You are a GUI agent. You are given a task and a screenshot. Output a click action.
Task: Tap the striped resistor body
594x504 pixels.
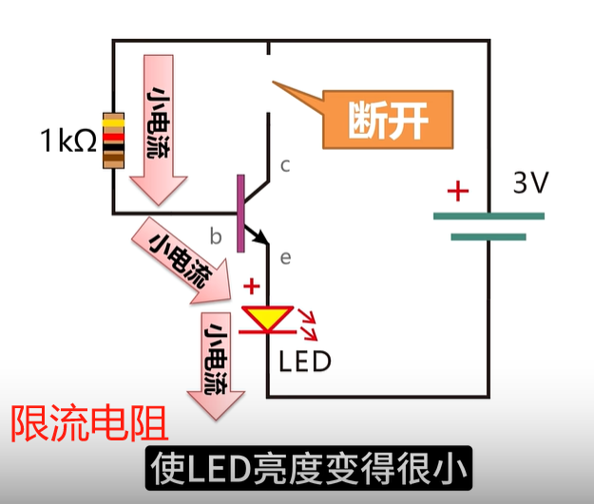pyautogui.click(x=114, y=140)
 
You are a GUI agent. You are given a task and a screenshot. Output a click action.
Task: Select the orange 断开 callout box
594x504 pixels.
pyautogui.click(x=388, y=120)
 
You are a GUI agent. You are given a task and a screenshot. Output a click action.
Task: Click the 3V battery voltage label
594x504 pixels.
pyautogui.click(x=530, y=182)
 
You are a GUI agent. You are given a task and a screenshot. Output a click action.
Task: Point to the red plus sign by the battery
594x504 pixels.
pyautogui.click(x=458, y=192)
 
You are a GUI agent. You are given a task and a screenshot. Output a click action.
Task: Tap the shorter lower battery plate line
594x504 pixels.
pyautogui.click(x=488, y=236)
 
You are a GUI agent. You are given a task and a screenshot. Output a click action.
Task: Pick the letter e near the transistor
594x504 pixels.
pyautogui.click(x=284, y=255)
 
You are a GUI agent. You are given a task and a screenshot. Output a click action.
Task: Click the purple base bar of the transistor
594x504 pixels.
pyautogui.click(x=240, y=214)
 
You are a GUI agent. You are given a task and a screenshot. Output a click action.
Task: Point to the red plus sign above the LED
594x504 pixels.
pyautogui.click(x=252, y=285)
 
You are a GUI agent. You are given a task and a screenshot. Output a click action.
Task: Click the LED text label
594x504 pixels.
pyautogui.click(x=305, y=361)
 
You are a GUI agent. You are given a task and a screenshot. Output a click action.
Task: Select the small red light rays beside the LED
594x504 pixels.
pyautogui.click(x=309, y=323)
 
